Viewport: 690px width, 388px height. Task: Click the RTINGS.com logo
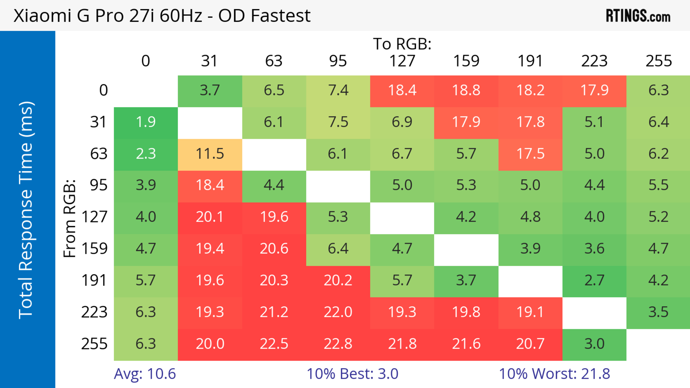click(x=638, y=15)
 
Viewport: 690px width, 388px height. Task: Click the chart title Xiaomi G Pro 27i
click(x=162, y=15)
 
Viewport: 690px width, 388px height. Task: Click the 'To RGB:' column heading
click(x=402, y=44)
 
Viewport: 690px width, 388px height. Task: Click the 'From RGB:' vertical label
click(x=70, y=218)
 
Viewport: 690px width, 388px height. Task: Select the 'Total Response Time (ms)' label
click(x=26, y=210)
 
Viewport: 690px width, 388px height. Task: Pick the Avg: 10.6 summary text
click(x=145, y=374)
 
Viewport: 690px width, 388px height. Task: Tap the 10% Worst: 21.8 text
click(x=555, y=374)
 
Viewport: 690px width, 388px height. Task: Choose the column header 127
click(x=402, y=61)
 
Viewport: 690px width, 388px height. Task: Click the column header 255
click(x=659, y=61)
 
